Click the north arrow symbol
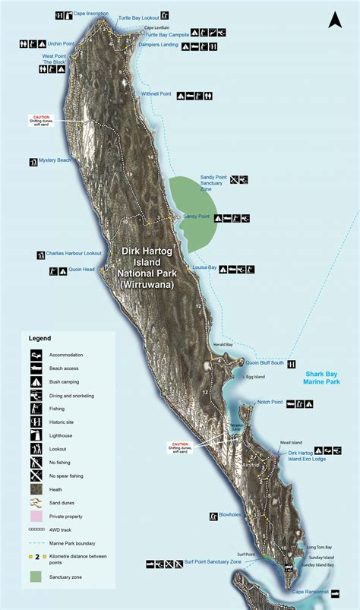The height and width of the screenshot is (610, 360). tap(334, 20)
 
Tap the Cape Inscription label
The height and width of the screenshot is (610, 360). tap(90, 14)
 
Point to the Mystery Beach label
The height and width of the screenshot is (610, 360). tap(55, 160)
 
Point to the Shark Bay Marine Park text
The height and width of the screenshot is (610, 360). tap(326, 378)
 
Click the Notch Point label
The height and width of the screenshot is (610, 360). tap(270, 402)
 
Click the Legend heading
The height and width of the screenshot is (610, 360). tap(39, 337)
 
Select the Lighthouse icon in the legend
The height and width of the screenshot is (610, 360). tap(36, 435)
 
